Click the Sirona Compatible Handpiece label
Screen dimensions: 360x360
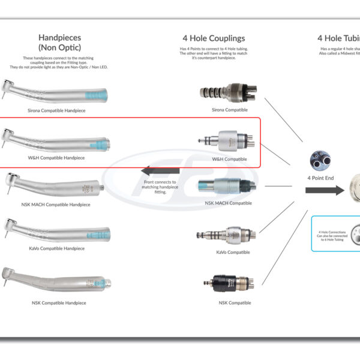click(57, 111)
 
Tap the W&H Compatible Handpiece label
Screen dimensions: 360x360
click(56, 158)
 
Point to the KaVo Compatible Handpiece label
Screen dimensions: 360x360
click(56, 248)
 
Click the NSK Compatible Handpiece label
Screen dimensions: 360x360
click(59, 303)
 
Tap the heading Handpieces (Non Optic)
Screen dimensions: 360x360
click(59, 42)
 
